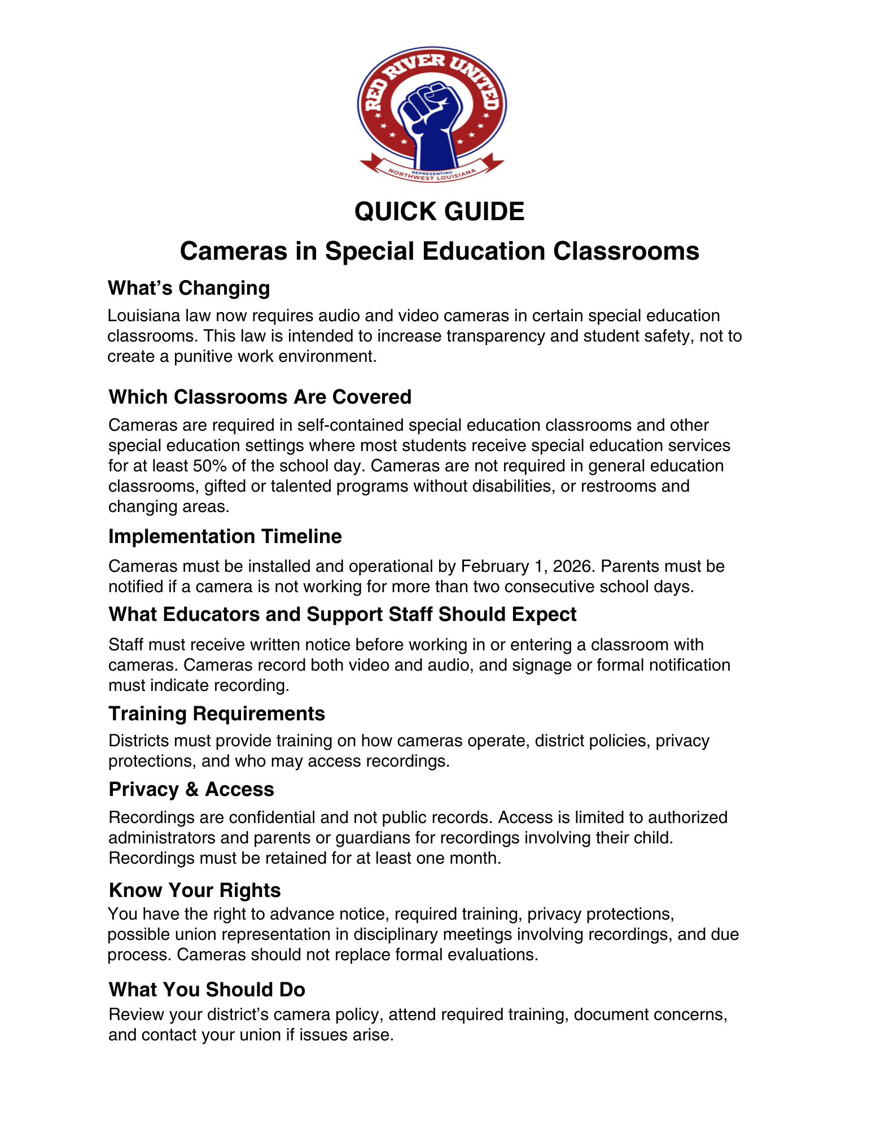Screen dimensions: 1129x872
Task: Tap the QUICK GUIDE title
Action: (x=439, y=212)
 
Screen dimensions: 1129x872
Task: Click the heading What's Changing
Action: (x=189, y=288)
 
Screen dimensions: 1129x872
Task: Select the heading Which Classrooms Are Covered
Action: (x=260, y=397)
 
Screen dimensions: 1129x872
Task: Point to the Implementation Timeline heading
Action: (x=225, y=536)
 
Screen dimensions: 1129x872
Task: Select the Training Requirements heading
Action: (x=216, y=714)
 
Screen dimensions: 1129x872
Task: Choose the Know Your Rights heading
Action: (x=194, y=890)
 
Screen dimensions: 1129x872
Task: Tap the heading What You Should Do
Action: (x=207, y=990)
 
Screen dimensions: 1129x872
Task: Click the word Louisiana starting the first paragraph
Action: (x=142, y=316)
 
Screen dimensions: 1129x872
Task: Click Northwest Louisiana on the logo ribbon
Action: (x=432, y=176)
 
